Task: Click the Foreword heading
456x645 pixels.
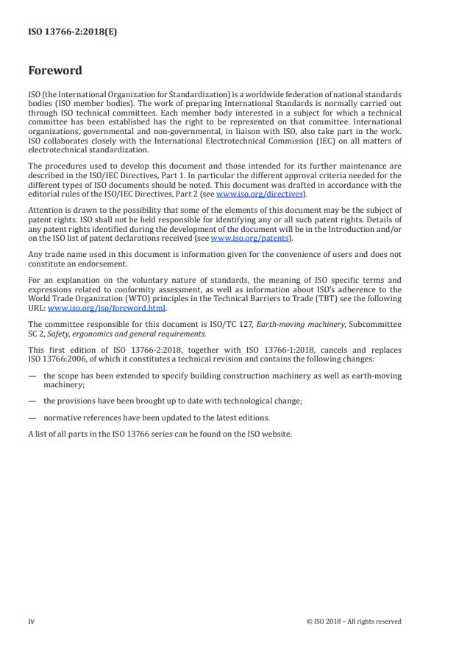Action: [x=55, y=71]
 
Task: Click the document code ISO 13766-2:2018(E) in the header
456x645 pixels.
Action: [x=63, y=32]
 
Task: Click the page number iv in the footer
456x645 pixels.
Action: [x=32, y=621]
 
